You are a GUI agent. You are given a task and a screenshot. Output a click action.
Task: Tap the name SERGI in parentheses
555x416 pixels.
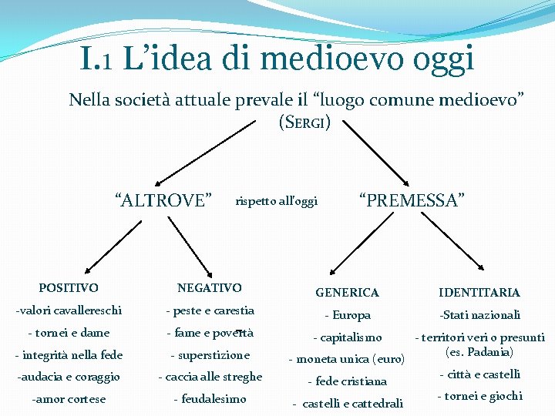pyautogui.click(x=304, y=122)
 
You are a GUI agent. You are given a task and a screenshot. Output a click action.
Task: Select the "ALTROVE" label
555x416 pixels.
pyautogui.click(x=163, y=201)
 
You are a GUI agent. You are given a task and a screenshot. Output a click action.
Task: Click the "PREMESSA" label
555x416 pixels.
pyautogui.click(x=412, y=201)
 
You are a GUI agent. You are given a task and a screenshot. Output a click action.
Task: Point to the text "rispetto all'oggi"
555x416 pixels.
pyautogui.click(x=276, y=202)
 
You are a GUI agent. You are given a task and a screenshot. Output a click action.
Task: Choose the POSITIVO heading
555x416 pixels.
pyautogui.click(x=69, y=288)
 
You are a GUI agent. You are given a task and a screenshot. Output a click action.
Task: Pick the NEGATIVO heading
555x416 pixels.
pyautogui.click(x=209, y=288)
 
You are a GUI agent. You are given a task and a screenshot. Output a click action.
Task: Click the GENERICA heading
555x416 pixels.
pyautogui.click(x=347, y=293)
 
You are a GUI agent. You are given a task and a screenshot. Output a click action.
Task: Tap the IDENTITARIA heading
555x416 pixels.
pyautogui.click(x=479, y=293)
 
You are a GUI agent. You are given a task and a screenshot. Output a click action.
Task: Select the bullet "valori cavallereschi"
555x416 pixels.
pyautogui.click(x=69, y=310)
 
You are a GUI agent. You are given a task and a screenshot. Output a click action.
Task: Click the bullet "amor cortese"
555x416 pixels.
pyautogui.click(x=69, y=399)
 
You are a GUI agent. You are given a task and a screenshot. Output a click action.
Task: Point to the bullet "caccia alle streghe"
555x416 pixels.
pyautogui.click(x=210, y=377)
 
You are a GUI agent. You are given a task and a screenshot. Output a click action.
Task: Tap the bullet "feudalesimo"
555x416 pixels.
pyautogui.click(x=210, y=399)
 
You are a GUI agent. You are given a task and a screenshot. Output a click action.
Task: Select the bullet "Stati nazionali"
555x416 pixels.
pyautogui.click(x=479, y=314)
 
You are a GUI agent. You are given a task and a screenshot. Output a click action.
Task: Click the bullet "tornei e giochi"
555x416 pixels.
pyautogui.click(x=479, y=396)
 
